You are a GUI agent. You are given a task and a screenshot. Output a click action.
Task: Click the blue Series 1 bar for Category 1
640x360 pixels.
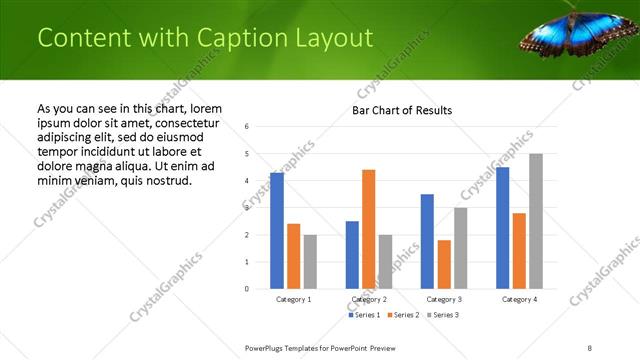click(x=277, y=231)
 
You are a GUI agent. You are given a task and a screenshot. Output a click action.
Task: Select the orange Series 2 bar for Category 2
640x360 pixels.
click(x=368, y=229)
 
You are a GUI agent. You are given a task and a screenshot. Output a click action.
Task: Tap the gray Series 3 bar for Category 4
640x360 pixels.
click(x=536, y=221)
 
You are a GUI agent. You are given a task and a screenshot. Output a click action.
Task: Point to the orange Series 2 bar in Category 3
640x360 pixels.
click(x=444, y=264)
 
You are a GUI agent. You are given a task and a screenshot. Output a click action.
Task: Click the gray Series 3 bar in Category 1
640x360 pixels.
click(x=310, y=262)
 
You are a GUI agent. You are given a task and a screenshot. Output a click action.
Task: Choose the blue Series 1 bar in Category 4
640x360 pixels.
click(x=502, y=228)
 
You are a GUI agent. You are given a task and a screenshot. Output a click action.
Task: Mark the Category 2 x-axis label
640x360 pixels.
click(x=369, y=299)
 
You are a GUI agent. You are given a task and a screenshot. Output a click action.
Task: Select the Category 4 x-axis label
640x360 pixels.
click(x=519, y=299)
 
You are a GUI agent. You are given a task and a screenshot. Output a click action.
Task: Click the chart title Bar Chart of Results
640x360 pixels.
click(x=402, y=110)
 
